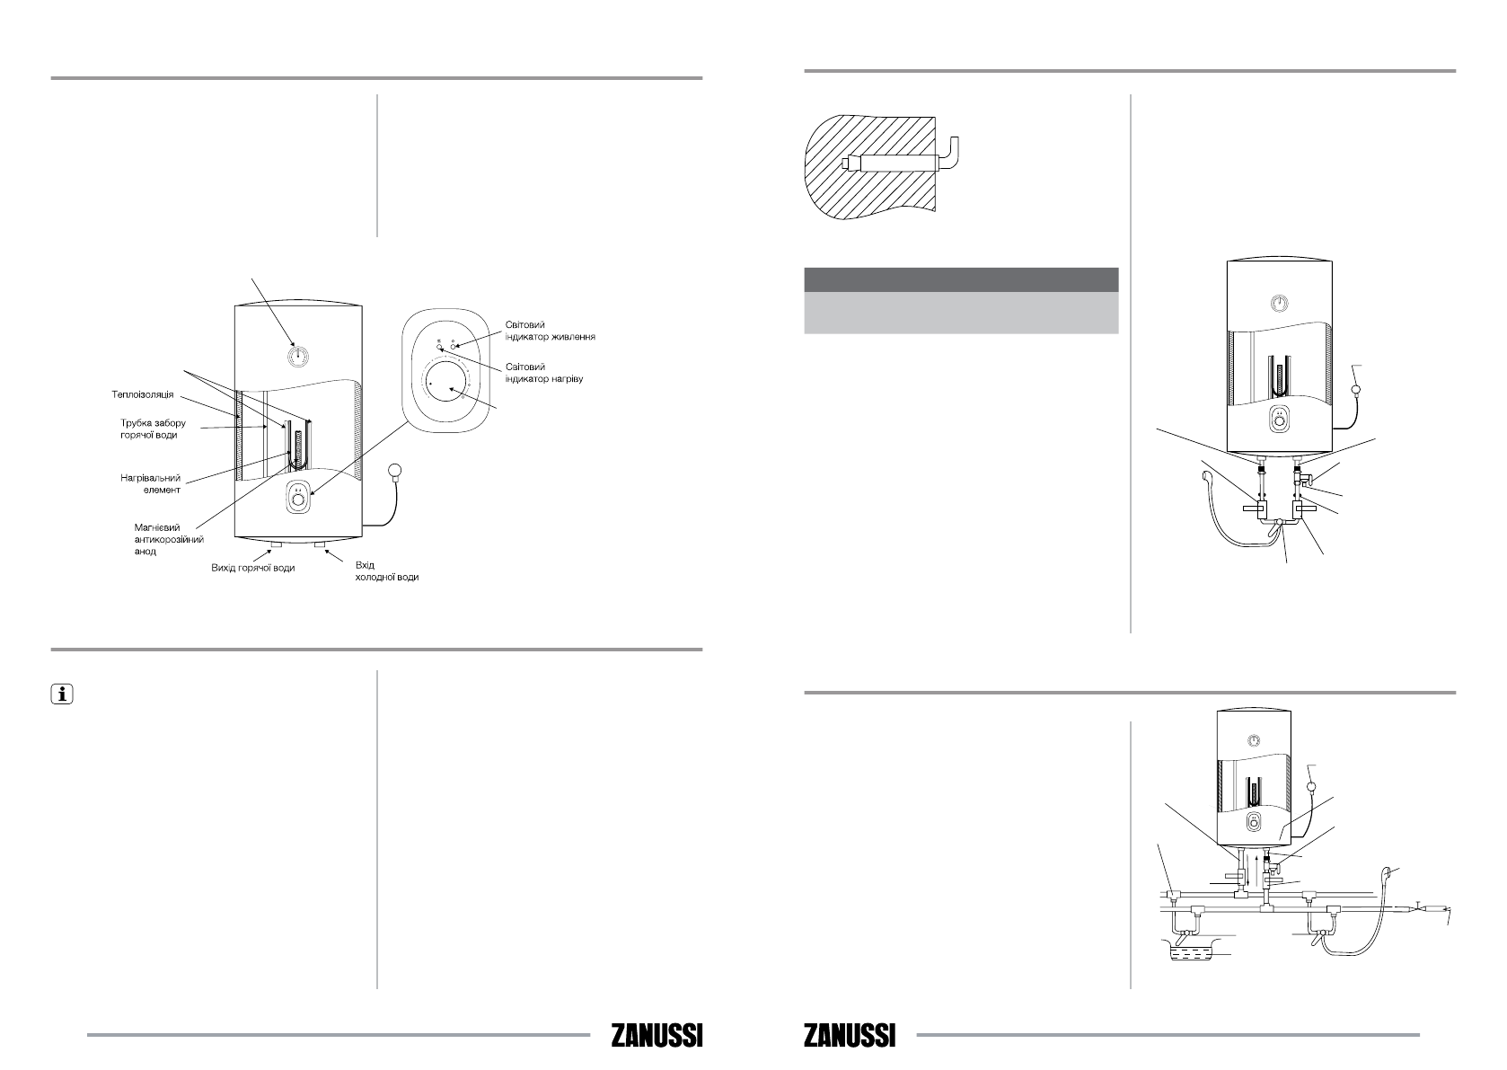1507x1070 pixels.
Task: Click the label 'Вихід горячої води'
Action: coord(247,568)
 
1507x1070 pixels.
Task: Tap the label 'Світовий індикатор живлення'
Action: coord(550,331)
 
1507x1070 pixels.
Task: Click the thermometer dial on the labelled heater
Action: coord(297,357)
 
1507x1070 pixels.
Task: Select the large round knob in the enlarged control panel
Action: coord(445,384)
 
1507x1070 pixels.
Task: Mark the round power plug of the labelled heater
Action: coord(396,470)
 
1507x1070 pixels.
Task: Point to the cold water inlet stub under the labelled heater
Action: coord(321,544)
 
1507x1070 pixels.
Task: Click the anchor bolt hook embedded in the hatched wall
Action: coord(905,162)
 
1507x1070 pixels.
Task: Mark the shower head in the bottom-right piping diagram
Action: coord(1388,871)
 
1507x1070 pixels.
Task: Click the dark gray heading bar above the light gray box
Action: coord(960,279)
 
